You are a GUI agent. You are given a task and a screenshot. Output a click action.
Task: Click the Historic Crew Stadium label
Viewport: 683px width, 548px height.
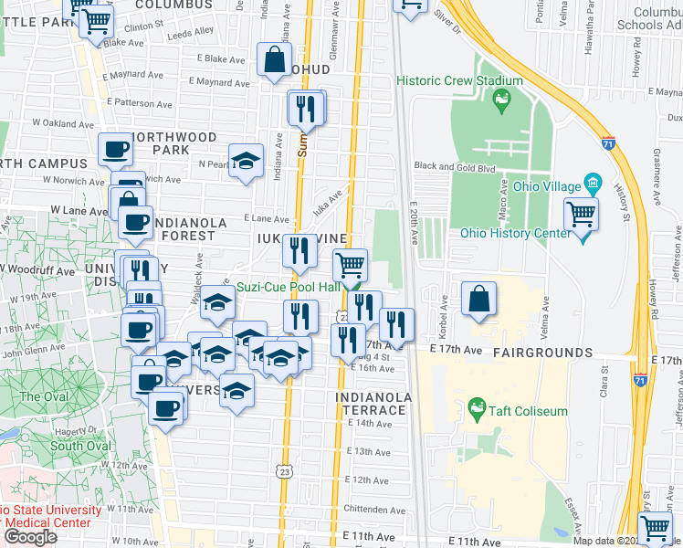tap(459, 81)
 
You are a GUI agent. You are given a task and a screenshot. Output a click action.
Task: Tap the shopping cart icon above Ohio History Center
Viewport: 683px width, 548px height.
tap(581, 216)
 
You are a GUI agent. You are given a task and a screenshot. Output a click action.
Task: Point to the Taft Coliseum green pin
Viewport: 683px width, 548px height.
tap(475, 406)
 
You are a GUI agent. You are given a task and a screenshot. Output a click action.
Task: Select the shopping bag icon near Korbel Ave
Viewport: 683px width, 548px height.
tap(479, 299)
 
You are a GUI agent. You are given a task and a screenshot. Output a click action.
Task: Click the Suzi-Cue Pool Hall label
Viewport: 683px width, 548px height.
tap(289, 287)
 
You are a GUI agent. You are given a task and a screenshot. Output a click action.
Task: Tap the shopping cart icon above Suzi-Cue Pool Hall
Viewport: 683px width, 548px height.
tap(350, 266)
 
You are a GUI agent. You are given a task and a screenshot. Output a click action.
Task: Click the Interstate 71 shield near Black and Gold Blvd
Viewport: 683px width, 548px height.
tap(608, 143)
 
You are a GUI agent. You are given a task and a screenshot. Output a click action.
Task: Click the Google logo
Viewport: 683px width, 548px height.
tap(30, 536)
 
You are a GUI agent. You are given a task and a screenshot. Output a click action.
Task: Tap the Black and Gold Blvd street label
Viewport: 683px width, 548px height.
tap(454, 166)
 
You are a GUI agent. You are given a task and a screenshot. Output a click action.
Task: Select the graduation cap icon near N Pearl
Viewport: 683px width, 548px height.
tap(246, 162)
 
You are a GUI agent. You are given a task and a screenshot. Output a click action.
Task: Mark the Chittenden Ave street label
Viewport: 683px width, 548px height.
tap(373, 510)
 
